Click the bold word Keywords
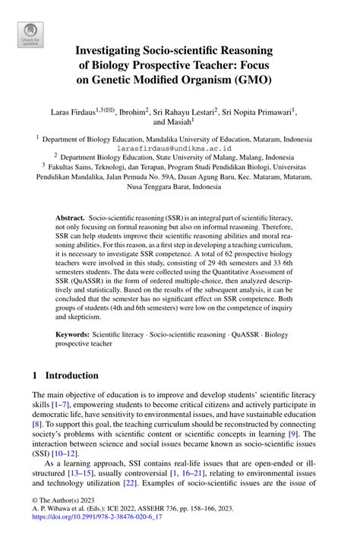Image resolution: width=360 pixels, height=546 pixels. [x=74, y=333]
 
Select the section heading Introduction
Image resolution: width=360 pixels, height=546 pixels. [x=72, y=376]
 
